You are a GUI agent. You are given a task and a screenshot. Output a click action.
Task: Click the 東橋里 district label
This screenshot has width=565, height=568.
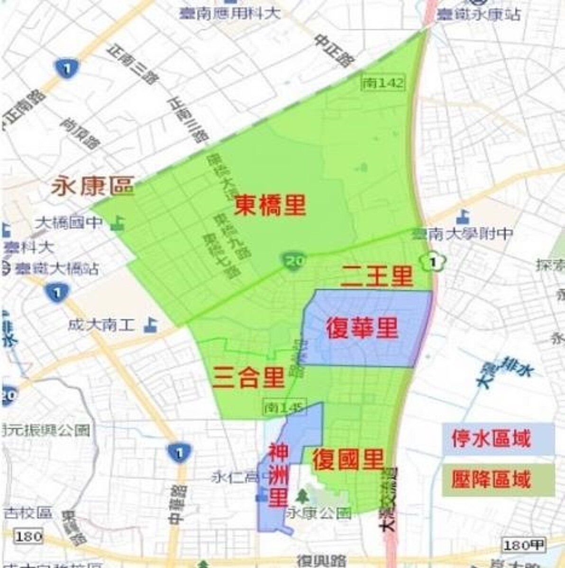coord(270,205)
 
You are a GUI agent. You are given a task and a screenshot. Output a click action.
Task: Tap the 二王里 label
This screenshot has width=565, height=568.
coord(377,276)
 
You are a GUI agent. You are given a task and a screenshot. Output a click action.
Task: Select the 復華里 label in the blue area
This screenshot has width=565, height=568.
coord(362,328)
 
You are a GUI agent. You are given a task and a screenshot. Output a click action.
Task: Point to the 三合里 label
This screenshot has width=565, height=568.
coord(249,377)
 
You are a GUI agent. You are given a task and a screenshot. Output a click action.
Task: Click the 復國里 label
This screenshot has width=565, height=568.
coord(348,459)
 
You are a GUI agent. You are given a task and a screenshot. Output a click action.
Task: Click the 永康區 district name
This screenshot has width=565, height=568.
coord(92,186)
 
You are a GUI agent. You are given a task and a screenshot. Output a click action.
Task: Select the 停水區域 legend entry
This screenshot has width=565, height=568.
coord(491,439)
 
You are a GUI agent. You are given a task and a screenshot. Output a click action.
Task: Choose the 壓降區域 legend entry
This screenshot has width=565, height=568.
coord(491,479)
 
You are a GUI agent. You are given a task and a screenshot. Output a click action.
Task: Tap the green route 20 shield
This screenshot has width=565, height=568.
coord(294,260)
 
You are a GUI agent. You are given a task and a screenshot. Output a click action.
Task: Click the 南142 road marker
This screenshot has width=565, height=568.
coord(383,83)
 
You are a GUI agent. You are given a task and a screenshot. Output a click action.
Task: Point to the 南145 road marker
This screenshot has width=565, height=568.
coord(285,407)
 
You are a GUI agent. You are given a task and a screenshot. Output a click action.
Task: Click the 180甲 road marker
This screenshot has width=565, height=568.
coord(524,545)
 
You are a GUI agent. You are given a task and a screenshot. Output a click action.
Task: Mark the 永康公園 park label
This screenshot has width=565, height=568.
coord(319,513)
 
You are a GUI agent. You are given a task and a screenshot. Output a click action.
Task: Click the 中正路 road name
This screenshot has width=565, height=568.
coord(334,51)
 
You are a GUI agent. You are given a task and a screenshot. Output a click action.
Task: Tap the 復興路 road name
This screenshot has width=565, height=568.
coord(321,561)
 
